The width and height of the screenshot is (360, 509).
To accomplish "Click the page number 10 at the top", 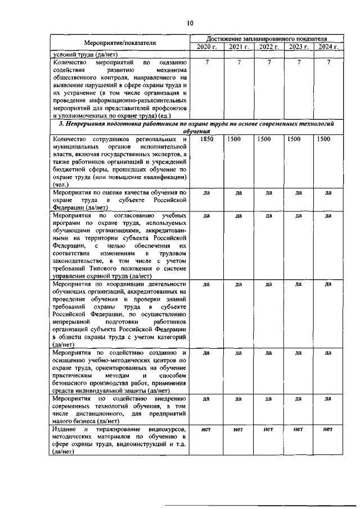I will point(190,23).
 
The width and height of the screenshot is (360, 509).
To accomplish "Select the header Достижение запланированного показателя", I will point(268,38).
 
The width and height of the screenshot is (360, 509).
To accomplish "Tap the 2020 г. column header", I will point(208,47).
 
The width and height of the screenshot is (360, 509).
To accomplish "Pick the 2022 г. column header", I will point(268,47).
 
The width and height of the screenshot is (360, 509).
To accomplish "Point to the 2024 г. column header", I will point(328,47).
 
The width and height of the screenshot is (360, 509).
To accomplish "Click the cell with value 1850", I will point(207,139).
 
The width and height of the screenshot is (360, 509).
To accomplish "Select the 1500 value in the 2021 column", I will point(238,139).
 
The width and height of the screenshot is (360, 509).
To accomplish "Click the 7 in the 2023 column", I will point(299,62).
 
